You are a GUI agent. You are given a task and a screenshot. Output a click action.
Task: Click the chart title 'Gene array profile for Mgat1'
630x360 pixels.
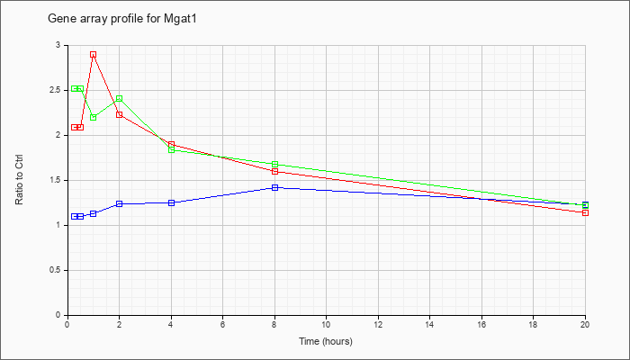[122, 19]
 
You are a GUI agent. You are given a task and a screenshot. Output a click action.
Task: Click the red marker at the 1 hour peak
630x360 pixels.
[94, 55]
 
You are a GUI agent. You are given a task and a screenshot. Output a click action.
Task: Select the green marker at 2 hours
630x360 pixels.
[120, 98]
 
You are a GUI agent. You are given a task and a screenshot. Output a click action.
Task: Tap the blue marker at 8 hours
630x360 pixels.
[274, 187]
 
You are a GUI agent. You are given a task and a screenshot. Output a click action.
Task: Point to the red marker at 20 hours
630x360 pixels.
[585, 212]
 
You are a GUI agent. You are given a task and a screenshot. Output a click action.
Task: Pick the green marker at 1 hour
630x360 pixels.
[94, 117]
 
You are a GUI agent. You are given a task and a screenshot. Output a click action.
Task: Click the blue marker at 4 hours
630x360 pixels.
[172, 202]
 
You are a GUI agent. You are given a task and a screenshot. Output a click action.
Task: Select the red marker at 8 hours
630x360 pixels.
[274, 172]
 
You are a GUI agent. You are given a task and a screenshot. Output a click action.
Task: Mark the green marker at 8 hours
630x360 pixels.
[274, 165]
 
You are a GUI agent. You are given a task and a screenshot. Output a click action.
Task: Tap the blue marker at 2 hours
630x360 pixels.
[120, 203]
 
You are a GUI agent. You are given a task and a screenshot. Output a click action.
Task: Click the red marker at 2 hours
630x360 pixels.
[120, 114]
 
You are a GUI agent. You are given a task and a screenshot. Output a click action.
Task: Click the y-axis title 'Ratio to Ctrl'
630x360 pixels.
[19, 179]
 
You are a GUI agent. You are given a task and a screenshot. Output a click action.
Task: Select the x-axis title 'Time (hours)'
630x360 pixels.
[326, 341]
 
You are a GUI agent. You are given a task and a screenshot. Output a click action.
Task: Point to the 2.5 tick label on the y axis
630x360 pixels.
[57, 90]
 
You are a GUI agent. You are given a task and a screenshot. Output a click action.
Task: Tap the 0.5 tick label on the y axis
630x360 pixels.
[57, 270]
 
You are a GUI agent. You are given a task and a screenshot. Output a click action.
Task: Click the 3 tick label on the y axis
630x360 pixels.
[59, 45]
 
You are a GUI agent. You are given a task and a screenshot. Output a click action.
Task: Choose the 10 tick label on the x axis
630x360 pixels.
[326, 324]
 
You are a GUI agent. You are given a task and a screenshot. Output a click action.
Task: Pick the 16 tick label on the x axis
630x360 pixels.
[481, 324]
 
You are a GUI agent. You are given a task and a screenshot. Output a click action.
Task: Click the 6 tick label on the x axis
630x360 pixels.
[223, 324]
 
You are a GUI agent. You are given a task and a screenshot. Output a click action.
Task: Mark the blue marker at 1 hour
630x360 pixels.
[94, 214]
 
